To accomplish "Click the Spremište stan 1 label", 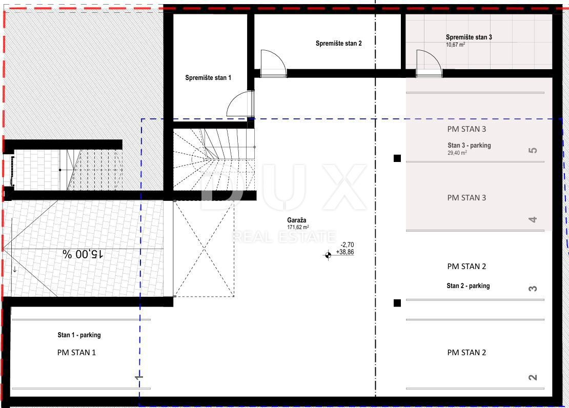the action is pyautogui.click(x=208, y=78).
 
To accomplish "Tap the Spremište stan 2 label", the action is pyautogui.click(x=338, y=44).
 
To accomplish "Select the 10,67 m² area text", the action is pyautogui.click(x=455, y=45).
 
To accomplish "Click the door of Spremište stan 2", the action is pyautogui.click(x=273, y=64).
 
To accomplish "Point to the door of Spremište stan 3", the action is pyautogui.click(x=429, y=64).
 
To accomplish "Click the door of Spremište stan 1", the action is pyautogui.click(x=240, y=104).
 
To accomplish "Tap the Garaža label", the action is pyautogui.click(x=296, y=220).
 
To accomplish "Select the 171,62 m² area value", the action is pyautogui.click(x=298, y=227).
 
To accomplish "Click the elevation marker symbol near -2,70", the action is pyautogui.click(x=328, y=255).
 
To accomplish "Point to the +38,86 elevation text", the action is pyautogui.click(x=345, y=252).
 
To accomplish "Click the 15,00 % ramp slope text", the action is pyautogui.click(x=83, y=254).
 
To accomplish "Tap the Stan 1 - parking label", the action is pyautogui.click(x=79, y=335).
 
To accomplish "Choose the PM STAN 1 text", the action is pyautogui.click(x=76, y=353).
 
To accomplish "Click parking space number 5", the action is pyautogui.click(x=533, y=150).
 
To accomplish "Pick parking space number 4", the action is pyautogui.click(x=533, y=219).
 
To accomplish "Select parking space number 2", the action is pyautogui.click(x=533, y=378).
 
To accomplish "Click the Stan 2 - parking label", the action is pyautogui.click(x=468, y=285).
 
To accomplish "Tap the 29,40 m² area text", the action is pyautogui.click(x=457, y=153).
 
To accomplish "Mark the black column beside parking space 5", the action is pyautogui.click(x=397, y=158).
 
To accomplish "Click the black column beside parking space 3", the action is pyautogui.click(x=397, y=303).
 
